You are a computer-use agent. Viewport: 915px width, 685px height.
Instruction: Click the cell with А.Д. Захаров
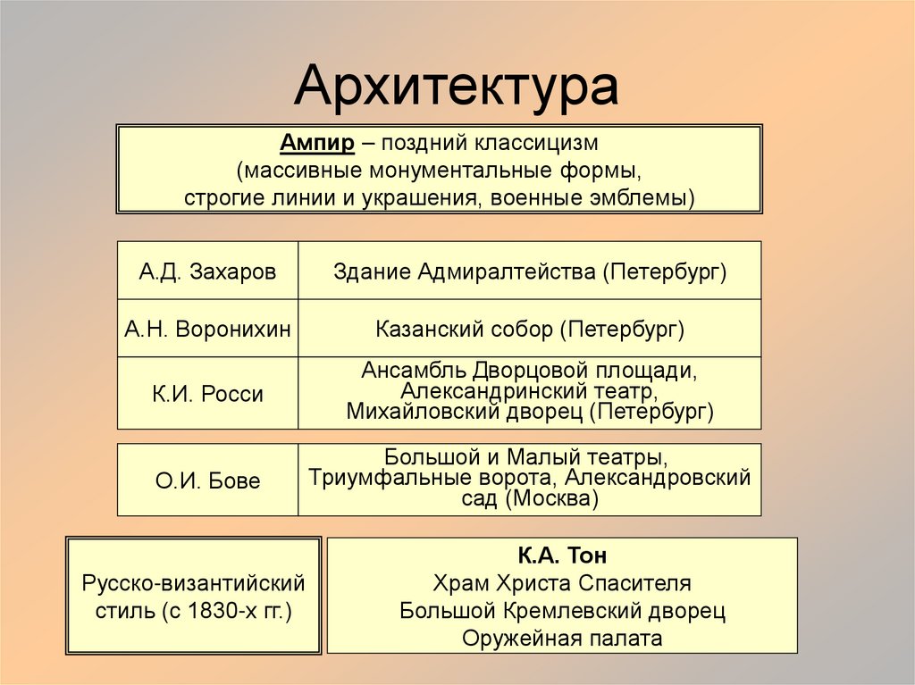[x=207, y=271]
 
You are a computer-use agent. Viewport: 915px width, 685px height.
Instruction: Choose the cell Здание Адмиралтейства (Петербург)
[x=530, y=271]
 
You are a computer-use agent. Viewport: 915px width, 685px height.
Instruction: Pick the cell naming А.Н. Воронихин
[x=207, y=329]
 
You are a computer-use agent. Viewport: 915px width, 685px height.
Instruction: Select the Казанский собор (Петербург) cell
[x=530, y=329]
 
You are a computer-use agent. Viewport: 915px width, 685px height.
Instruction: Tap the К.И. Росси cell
[x=207, y=393]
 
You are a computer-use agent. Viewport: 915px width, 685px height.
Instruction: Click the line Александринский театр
[x=530, y=391]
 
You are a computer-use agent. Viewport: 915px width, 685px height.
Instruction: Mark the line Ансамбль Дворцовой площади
[x=530, y=371]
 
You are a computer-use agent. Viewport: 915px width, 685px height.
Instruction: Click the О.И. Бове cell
[x=207, y=480]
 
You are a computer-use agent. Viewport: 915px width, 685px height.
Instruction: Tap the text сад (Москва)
[x=530, y=499]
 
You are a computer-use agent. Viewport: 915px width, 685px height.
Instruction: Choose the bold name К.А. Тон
[x=562, y=556]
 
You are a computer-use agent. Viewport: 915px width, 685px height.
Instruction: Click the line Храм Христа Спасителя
[x=562, y=583]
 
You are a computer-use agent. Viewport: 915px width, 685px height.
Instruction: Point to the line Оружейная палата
[x=562, y=639]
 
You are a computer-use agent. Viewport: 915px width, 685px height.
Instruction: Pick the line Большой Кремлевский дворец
[x=562, y=611]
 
